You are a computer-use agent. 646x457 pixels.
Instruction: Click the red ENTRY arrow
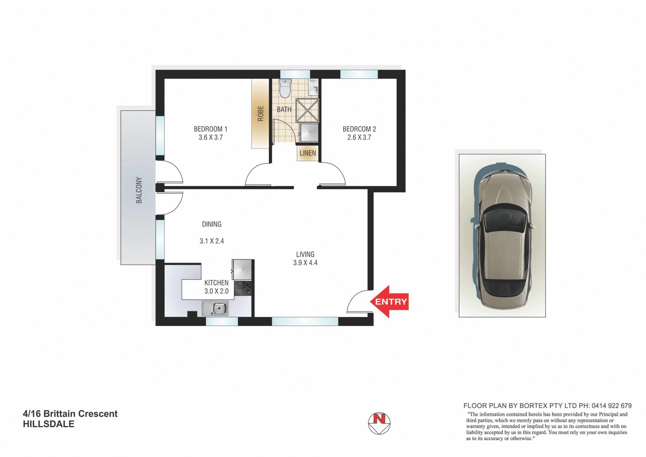coord(390,302)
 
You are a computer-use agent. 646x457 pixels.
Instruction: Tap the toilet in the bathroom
coord(285,88)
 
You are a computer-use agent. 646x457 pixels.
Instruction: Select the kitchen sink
coord(215,308)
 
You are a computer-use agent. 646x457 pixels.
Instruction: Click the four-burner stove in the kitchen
coord(243,288)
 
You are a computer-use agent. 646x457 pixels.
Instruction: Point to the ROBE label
coord(261,113)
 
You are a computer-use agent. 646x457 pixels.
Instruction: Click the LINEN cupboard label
coord(308,153)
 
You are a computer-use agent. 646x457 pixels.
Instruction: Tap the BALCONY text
coord(139,190)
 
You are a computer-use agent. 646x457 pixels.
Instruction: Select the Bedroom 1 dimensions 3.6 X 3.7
coord(211,137)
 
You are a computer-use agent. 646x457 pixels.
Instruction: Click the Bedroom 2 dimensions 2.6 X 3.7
coord(359,137)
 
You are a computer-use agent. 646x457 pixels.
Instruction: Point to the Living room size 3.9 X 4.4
coord(305,263)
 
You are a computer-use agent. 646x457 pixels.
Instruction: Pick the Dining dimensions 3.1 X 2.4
coord(212,241)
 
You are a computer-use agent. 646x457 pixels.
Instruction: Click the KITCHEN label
coord(217,283)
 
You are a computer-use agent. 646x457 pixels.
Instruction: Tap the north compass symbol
coord(379,423)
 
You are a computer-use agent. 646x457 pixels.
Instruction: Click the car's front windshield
coord(503,221)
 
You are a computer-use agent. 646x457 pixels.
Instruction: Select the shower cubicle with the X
coord(307,110)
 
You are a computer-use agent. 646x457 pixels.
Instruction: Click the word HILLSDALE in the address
coord(49,424)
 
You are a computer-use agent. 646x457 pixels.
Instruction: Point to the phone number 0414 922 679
coord(611,406)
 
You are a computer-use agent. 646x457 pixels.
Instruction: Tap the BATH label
coord(284,109)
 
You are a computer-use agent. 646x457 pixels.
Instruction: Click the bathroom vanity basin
coord(313,87)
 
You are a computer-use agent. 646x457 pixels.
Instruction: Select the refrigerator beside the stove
coord(242,270)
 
